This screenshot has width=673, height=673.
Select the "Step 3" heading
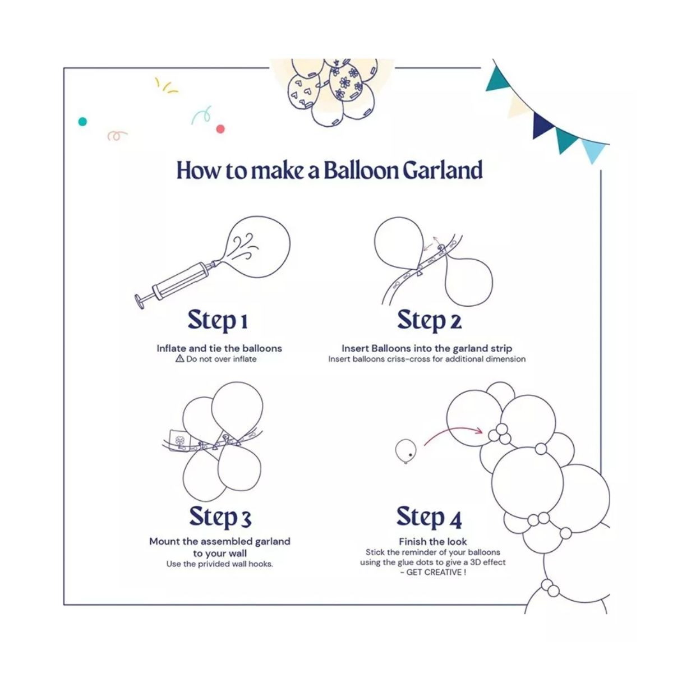tap(220, 517)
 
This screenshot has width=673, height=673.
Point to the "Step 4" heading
tap(429, 517)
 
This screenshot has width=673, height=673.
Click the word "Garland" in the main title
tap(443, 170)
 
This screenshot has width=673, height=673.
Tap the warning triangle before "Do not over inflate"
tap(179, 358)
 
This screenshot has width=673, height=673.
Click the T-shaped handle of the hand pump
tap(140, 301)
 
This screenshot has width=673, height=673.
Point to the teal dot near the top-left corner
tap(82, 122)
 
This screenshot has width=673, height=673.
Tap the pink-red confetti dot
tap(220, 129)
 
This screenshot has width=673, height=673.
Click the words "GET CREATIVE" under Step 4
tap(434, 572)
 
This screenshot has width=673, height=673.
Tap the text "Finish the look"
tap(433, 542)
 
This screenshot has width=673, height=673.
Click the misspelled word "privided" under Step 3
tap(213, 564)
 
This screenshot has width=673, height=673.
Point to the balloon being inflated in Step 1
tap(255, 247)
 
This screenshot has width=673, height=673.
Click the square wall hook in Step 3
tap(179, 440)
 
